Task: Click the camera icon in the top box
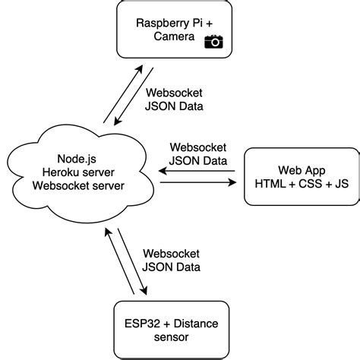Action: point(215,43)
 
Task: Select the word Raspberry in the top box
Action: point(160,24)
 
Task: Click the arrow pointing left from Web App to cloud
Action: point(199,171)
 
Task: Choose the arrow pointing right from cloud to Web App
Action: point(199,182)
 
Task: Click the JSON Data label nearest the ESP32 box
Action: point(172,267)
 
